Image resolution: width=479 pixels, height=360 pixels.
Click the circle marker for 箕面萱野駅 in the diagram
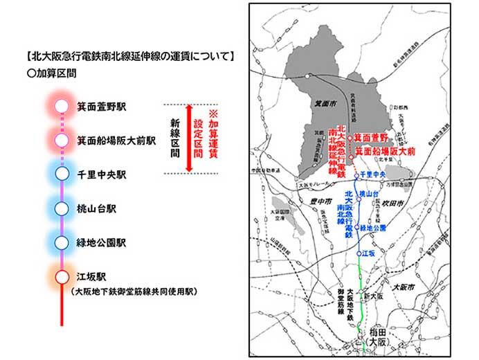(x=62, y=107)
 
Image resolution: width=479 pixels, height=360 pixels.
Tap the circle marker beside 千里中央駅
(x=62, y=173)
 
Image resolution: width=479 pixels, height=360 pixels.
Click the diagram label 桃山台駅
(x=98, y=207)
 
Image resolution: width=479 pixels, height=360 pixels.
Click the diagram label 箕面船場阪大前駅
(x=114, y=141)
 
